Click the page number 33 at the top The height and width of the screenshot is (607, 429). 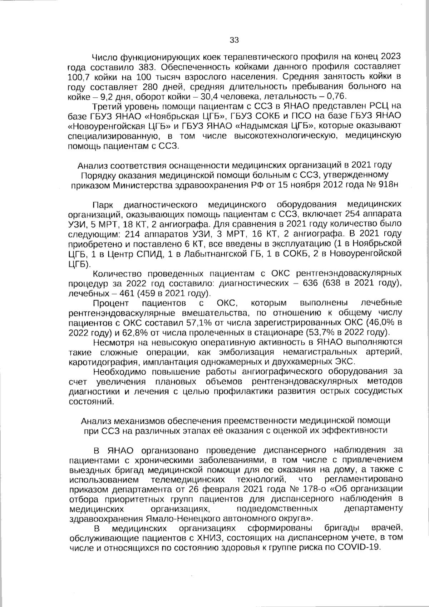tap(234, 40)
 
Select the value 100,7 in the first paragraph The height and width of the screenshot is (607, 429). tap(78, 77)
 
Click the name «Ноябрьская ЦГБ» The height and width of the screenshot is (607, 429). tap(186, 116)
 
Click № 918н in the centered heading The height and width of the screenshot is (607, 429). tap(383, 185)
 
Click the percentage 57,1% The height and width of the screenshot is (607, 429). tap(194, 323)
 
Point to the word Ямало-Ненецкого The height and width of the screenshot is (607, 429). tap(175, 518)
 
